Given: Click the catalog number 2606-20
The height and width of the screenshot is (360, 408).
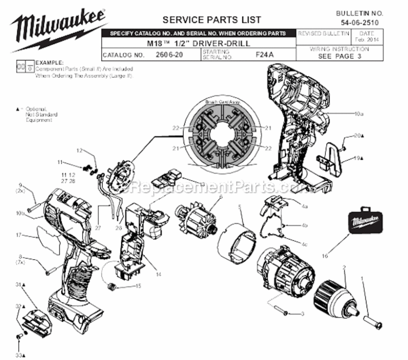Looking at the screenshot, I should tap(169, 55).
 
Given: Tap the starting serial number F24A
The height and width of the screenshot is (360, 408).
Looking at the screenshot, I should tap(264, 55).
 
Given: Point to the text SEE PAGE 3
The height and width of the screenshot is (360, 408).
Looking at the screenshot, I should tap(339, 56).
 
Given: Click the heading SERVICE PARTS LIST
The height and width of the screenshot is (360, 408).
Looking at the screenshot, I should tap(212, 20).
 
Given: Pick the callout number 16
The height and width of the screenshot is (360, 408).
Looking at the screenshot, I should tap(325, 256).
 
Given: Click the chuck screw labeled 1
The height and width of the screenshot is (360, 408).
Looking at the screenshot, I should tap(372, 321).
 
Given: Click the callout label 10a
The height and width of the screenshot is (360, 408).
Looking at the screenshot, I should tap(359, 114).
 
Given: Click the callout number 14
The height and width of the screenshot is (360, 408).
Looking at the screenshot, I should tap(158, 274).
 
